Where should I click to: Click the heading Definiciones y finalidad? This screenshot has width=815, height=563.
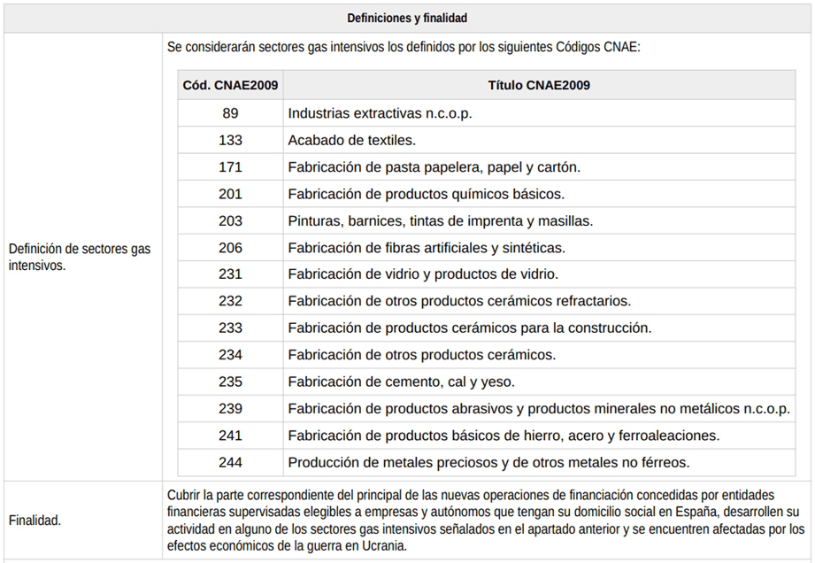(407, 18)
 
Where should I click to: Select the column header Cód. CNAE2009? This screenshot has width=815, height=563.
(230, 86)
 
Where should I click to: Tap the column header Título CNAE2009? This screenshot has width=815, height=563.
(539, 86)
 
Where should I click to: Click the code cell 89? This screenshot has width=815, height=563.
(230, 113)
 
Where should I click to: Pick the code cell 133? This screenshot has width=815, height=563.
(230, 140)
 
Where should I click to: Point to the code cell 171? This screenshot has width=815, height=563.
(230, 167)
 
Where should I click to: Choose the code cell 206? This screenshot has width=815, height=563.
(230, 248)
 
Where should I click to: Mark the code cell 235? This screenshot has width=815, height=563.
(230, 382)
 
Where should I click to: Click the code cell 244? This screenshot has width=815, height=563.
(230, 462)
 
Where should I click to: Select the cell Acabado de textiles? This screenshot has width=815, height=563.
(351, 140)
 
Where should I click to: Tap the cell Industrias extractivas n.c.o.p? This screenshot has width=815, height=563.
(380, 113)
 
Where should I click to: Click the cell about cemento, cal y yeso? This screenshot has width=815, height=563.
(401, 382)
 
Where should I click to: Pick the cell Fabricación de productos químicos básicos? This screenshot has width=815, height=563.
(426, 194)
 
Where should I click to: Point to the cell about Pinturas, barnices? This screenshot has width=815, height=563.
(440, 220)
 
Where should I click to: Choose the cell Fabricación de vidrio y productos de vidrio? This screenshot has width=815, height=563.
(423, 274)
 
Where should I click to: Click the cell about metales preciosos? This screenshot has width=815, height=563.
(488, 462)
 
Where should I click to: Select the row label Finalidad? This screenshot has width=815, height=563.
(35, 521)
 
